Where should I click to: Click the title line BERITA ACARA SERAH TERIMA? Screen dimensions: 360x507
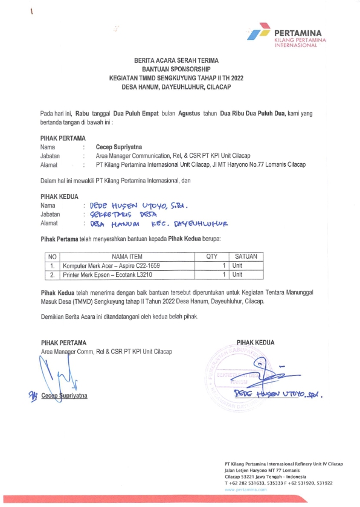[176, 62]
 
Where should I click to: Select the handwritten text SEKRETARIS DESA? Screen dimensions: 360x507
[123, 214]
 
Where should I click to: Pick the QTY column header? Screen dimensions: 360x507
[211, 257]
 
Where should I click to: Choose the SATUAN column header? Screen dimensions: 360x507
[245, 257]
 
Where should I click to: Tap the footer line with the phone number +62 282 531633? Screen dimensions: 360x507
[278, 482]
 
